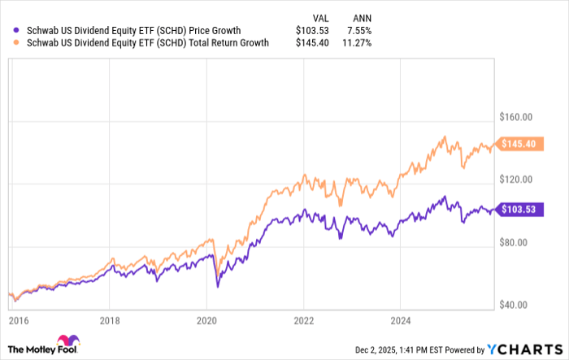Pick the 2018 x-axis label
[111, 321]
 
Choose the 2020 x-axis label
[207, 321]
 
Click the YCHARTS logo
[526, 348]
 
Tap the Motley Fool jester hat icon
[65, 341]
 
